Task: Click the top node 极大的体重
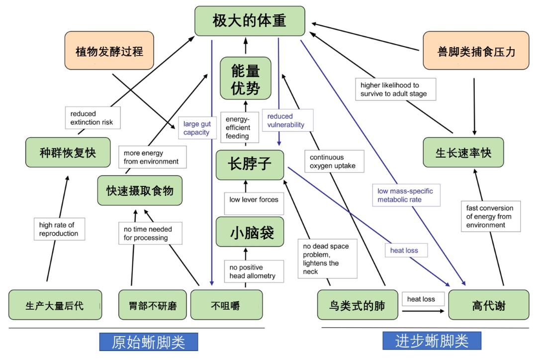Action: [249, 21]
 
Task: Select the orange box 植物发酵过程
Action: [109, 51]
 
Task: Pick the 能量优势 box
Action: [245, 79]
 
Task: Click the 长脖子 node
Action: [250, 165]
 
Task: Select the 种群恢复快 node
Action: [68, 153]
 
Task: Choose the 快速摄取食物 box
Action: [140, 190]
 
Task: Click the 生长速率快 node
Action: [463, 153]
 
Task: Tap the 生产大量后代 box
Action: [55, 305]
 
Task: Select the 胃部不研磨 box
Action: [150, 305]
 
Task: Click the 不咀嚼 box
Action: [226, 305]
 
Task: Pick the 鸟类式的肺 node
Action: [358, 305]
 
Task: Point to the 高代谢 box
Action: [488, 305]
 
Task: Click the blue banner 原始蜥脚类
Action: [148, 343]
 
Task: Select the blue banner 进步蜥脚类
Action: [432, 342]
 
